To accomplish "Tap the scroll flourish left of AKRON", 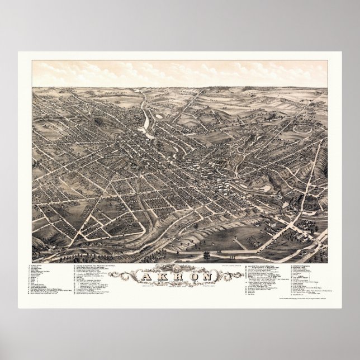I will tap(121, 274).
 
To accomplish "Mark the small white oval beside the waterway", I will tap(160, 116).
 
